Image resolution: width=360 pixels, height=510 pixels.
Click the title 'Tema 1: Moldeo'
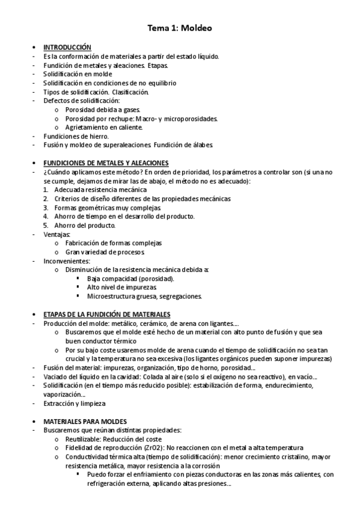coord(180,28)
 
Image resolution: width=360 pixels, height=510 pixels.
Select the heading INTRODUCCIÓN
coord(67,47)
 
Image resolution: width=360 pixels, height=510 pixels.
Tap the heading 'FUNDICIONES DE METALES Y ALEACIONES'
coord(106,163)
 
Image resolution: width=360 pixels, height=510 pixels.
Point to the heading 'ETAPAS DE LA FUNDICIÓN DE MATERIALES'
coord(107,314)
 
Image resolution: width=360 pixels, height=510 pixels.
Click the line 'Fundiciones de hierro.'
coord(76,137)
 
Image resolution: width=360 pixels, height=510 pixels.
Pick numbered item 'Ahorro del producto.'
coord(84,225)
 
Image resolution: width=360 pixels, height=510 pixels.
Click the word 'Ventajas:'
coord(57,234)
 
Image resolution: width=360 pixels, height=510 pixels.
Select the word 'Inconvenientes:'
coord(66,261)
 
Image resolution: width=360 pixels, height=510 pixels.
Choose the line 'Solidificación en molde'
coord(78,74)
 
